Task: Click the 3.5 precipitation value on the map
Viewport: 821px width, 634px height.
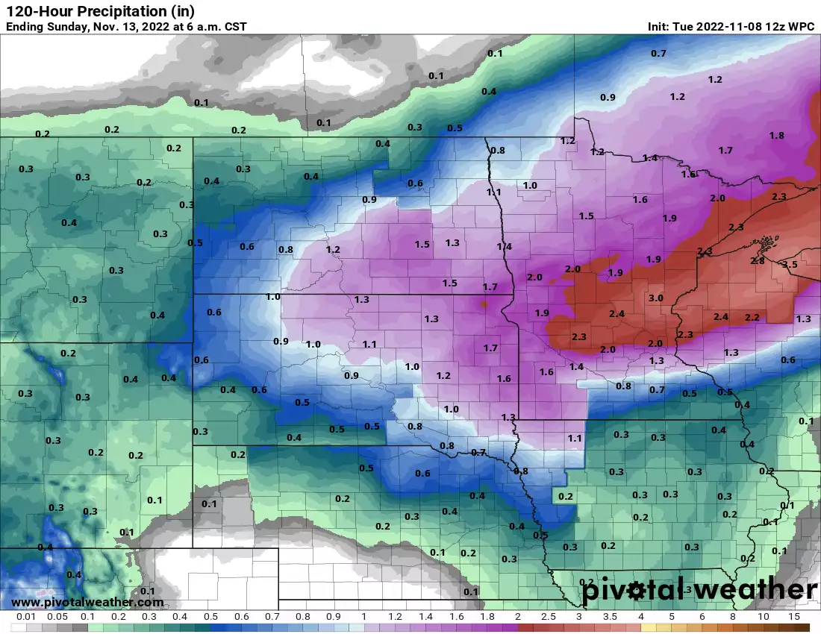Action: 790,265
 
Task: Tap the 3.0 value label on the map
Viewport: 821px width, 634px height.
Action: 656,298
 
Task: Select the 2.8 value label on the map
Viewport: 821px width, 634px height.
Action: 757,260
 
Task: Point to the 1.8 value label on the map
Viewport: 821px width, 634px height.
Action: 776,136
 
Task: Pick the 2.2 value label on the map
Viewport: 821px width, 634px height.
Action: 752,318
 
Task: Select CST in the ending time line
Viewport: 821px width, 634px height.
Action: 233,27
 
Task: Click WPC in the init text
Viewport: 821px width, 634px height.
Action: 802,27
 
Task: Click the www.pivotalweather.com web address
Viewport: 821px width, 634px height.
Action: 87,603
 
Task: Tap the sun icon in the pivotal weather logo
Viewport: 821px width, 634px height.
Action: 635,591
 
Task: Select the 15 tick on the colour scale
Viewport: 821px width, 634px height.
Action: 794,618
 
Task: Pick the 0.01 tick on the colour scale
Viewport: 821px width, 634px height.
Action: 26,618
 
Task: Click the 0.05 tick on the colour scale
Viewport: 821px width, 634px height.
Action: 57,618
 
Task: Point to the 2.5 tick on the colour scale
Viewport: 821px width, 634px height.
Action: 548,618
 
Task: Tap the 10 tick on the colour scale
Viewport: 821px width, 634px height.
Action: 764,618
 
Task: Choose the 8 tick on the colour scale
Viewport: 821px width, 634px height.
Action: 733,618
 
